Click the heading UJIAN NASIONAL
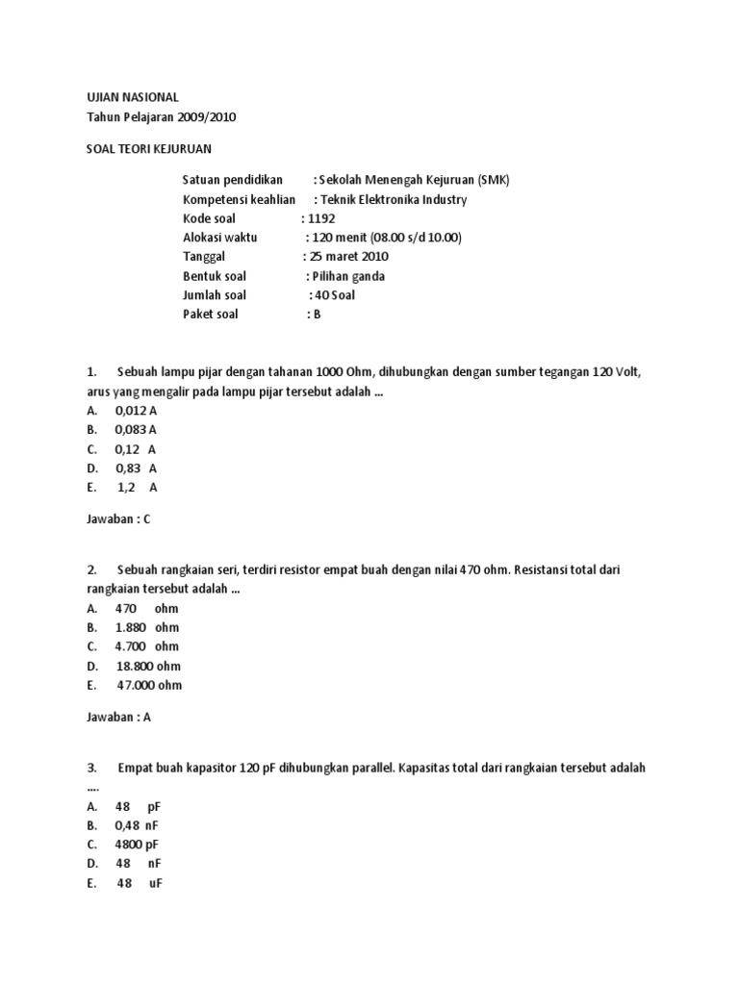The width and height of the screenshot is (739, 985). tap(127, 97)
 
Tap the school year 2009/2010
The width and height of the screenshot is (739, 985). tap(202, 116)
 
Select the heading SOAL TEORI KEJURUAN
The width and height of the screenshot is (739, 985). tap(147, 148)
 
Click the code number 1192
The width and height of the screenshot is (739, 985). tap(321, 218)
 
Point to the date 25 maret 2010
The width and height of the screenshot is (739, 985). tap(350, 257)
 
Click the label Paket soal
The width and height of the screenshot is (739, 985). tap(210, 315)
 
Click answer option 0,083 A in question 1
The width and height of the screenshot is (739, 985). tap(136, 429)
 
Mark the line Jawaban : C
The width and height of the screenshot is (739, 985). tap(118, 518)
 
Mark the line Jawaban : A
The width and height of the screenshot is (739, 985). tap(118, 717)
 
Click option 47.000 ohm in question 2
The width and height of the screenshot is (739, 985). tap(149, 685)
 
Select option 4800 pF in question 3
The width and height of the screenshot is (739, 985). tap(137, 845)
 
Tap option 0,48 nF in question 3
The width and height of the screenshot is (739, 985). tap(137, 825)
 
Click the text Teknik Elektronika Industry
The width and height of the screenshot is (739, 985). tap(395, 199)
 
